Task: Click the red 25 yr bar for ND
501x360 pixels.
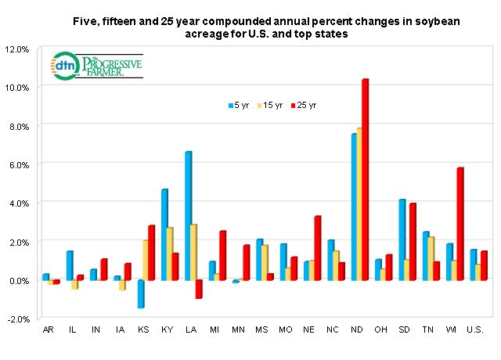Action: tap(365, 179)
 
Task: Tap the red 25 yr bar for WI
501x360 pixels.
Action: tap(460, 224)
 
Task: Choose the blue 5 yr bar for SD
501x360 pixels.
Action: tap(402, 239)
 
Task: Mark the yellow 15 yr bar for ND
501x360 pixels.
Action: tap(359, 203)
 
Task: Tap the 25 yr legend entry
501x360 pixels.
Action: tap(304, 105)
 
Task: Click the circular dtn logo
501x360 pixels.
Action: tap(62, 67)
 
